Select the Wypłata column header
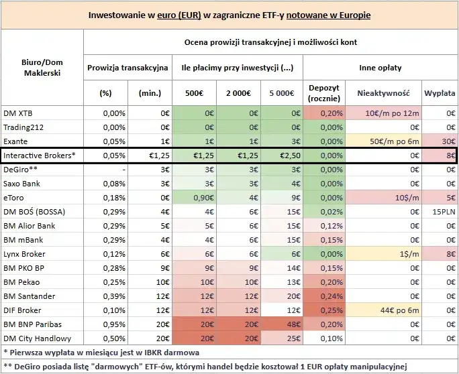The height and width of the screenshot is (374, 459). click(x=440, y=93)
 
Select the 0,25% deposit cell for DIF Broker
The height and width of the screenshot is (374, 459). click(x=323, y=310)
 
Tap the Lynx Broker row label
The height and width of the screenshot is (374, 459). click(x=25, y=254)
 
